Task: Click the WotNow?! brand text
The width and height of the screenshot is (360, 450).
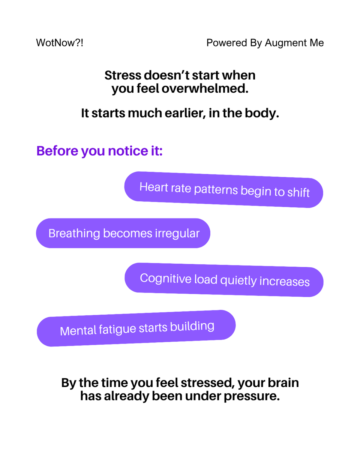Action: coord(60,43)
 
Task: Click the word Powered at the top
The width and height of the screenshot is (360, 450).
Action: coord(227,43)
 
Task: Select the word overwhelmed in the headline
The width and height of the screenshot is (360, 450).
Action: coord(205,88)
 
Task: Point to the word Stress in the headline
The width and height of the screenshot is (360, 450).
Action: coord(123,75)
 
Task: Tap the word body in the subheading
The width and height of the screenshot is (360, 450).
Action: coord(262,113)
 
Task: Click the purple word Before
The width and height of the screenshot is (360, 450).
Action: coord(57,151)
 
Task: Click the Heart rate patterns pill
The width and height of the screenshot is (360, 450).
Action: coord(223,189)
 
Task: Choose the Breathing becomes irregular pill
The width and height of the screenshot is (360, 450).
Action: coord(123,233)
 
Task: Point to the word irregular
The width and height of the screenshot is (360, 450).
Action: coord(177,234)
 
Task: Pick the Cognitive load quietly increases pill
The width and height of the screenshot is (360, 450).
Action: coord(224,280)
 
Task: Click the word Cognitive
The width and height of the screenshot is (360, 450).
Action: coord(166,279)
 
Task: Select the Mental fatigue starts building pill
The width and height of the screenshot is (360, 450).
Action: coord(136,328)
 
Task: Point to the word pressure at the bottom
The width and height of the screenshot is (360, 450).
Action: coord(252,396)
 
